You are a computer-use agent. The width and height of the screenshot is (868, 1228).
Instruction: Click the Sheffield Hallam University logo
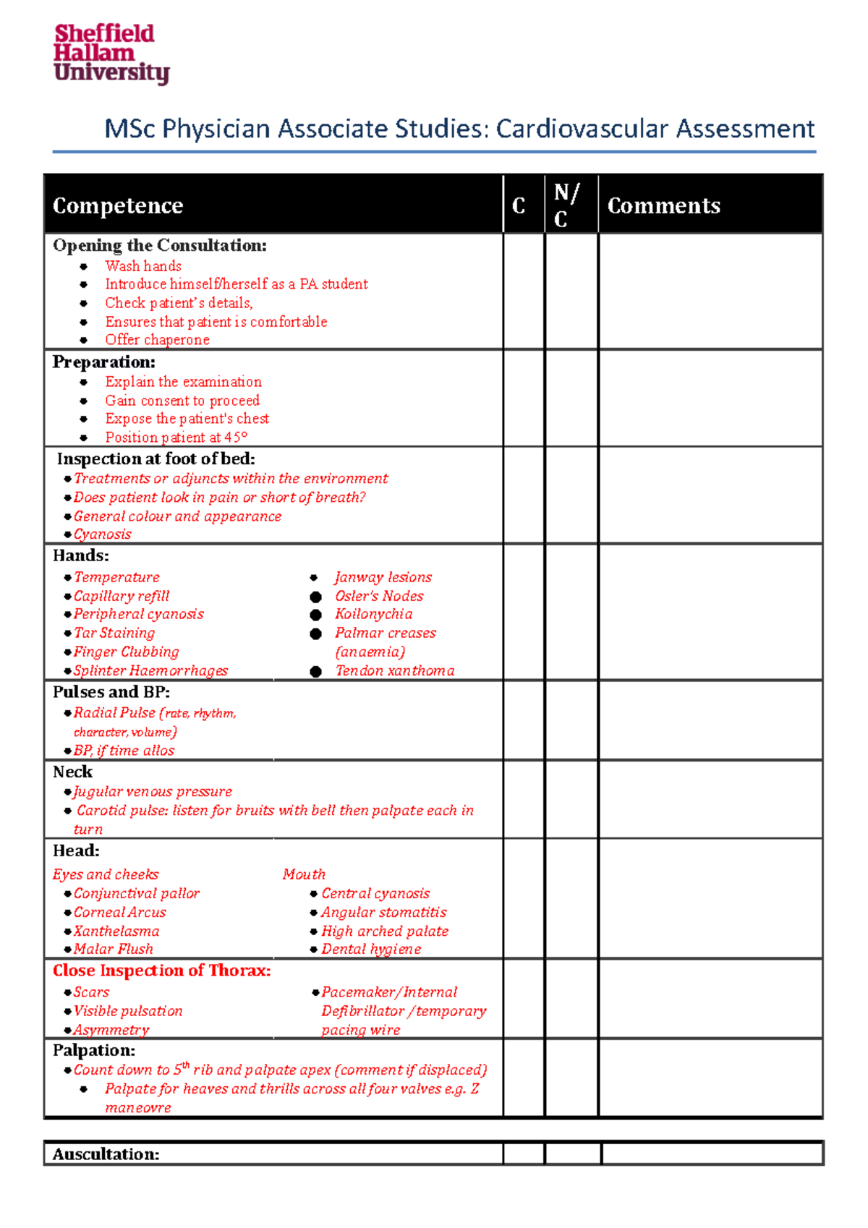pyautogui.click(x=111, y=54)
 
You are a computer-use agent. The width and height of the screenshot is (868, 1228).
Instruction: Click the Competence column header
pyautogui.click(x=118, y=206)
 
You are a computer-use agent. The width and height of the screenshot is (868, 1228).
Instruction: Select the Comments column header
pyautogui.click(x=663, y=206)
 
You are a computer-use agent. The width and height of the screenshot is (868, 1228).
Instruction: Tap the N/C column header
pyautogui.click(x=566, y=205)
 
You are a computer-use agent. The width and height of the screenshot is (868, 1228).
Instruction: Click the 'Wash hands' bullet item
pyautogui.click(x=143, y=266)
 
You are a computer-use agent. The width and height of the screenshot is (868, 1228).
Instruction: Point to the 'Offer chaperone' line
pyautogui.click(x=157, y=340)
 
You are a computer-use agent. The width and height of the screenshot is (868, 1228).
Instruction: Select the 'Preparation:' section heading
pyautogui.click(x=103, y=362)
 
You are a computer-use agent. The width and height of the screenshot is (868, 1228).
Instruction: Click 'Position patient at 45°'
pyautogui.click(x=176, y=438)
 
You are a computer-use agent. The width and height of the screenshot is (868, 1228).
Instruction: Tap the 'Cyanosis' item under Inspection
pyautogui.click(x=103, y=534)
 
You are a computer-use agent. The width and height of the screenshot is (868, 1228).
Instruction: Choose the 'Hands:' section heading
pyautogui.click(x=81, y=555)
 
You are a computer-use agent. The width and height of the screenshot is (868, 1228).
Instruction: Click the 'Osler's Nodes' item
pyautogui.click(x=379, y=596)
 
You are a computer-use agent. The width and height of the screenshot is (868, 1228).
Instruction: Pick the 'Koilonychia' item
pyautogui.click(x=373, y=614)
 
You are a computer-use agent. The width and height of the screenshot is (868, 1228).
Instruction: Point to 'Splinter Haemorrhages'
pyautogui.click(x=150, y=670)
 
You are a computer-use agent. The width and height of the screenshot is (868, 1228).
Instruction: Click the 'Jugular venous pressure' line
pyautogui.click(x=153, y=792)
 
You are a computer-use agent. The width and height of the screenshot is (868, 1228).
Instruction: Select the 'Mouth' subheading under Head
pyautogui.click(x=304, y=874)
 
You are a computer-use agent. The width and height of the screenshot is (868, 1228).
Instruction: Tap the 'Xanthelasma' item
pyautogui.click(x=116, y=931)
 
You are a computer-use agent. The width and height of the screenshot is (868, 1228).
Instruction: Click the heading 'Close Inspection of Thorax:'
pyautogui.click(x=162, y=971)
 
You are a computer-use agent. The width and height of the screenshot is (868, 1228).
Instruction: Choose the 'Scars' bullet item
pyautogui.click(x=91, y=992)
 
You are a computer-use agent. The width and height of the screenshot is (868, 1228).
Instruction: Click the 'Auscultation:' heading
pyautogui.click(x=106, y=1154)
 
